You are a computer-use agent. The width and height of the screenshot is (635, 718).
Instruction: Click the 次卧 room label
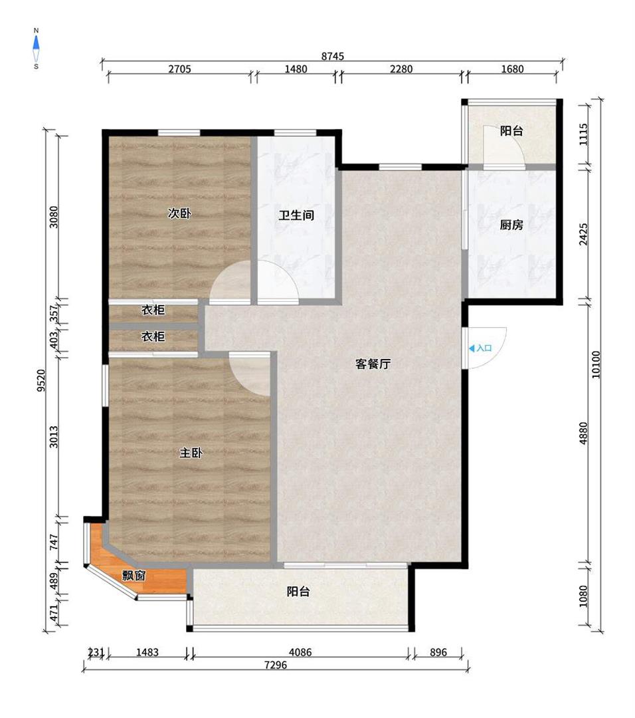(179, 213)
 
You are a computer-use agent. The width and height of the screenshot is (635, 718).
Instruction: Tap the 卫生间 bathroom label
(296, 215)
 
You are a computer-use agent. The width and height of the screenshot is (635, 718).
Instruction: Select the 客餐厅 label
(373, 364)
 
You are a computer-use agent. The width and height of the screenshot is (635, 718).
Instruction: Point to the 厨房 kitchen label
(511, 225)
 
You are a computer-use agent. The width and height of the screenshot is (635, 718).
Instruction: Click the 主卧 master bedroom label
(191, 453)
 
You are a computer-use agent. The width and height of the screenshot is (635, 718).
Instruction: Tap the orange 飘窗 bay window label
(134, 576)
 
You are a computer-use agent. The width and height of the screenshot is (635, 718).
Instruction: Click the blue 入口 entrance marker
(480, 348)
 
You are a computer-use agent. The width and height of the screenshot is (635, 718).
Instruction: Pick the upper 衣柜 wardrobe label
(153, 310)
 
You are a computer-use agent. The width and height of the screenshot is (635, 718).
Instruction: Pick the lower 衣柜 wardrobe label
(153, 336)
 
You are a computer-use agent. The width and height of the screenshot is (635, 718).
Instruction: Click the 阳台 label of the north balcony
(511, 131)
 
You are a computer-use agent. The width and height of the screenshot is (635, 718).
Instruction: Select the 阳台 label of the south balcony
(298, 592)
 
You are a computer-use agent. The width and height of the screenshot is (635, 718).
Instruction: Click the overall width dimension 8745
(333, 57)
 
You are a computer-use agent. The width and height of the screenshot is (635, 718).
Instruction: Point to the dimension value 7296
(276, 665)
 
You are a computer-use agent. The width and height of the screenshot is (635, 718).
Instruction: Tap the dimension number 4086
(300, 652)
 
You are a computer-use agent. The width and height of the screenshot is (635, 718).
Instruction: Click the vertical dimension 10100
(596, 364)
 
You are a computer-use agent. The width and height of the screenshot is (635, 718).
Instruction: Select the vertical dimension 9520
(42, 380)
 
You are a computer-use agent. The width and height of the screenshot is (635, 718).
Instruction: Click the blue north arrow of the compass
(36, 42)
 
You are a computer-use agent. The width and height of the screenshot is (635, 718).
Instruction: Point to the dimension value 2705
(179, 69)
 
